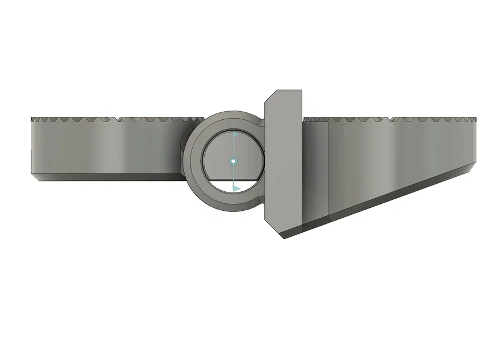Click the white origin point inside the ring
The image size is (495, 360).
233,161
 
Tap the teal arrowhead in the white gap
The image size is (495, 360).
235,188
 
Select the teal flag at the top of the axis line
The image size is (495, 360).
235,134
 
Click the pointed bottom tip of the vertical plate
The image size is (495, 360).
283,237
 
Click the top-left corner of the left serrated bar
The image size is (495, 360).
31,119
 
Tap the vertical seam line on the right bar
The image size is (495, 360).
328,167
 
